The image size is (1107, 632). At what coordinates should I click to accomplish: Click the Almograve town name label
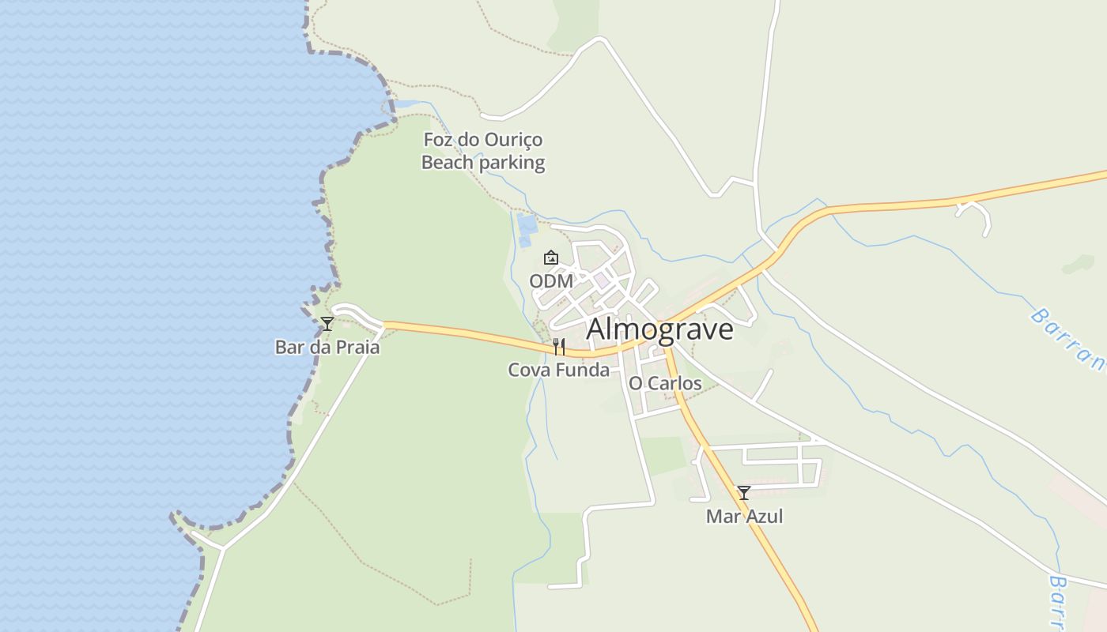(659, 329)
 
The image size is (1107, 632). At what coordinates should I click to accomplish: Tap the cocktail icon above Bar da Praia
(327, 324)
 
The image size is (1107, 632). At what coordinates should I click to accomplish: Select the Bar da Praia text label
(327, 348)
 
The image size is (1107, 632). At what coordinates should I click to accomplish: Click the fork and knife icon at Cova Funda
(559, 347)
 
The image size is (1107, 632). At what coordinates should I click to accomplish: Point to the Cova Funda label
(558, 370)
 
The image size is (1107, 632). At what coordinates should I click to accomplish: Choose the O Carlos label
(665, 384)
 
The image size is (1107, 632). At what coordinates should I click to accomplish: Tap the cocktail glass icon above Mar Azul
(744, 493)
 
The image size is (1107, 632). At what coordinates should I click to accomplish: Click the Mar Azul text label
(744, 517)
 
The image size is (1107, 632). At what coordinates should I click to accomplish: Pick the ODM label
(551, 281)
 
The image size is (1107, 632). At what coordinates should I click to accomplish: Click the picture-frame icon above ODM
(551, 258)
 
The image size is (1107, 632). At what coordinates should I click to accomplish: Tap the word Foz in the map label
(439, 140)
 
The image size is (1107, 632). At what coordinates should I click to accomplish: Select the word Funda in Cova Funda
(584, 370)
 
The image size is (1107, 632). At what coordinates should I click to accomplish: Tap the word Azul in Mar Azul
(764, 517)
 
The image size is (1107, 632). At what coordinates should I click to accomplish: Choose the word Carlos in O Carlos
(676, 384)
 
